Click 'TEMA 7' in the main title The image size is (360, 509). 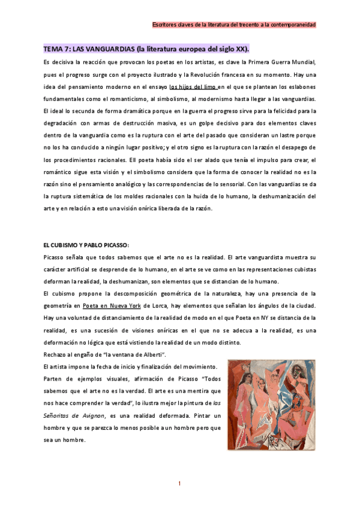pyautogui.click(x=56, y=49)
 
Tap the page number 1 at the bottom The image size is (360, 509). pyautogui.click(x=179, y=483)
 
